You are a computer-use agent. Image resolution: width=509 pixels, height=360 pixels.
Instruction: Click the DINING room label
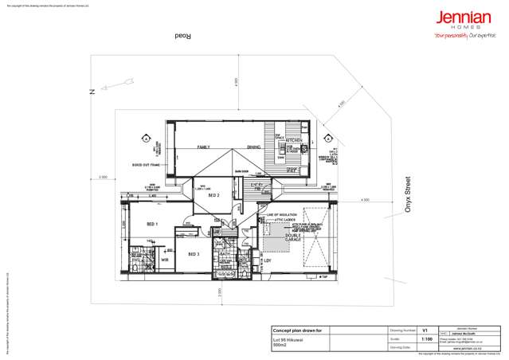coord(253,147)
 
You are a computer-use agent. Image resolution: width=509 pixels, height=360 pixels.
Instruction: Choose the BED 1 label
coord(152,224)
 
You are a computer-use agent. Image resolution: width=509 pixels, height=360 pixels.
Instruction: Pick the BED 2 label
coord(213,194)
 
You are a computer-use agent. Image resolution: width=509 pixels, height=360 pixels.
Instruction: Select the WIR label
coord(166,260)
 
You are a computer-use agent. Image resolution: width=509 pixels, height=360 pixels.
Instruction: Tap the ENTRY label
coord(256,185)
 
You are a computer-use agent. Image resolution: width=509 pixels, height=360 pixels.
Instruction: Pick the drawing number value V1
coord(425,327)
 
